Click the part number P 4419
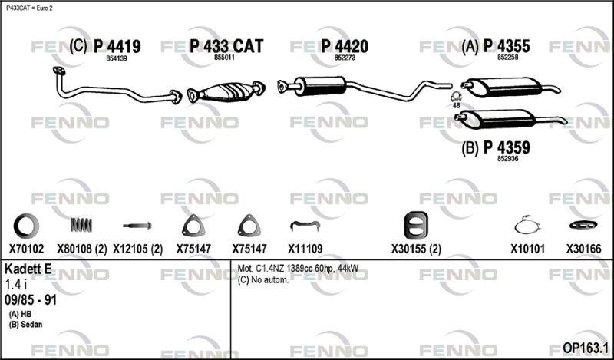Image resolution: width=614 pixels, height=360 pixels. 117,47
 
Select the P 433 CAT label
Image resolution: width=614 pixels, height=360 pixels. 226,47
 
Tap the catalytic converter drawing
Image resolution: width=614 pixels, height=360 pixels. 226,92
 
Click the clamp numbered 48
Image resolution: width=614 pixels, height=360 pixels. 456,97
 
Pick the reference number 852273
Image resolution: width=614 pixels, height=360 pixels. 345,58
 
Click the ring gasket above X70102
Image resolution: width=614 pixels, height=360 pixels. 26,226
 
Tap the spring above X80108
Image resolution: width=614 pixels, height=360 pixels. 81,225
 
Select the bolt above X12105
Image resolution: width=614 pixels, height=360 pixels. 137,226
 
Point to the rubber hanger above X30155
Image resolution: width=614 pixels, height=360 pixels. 416,226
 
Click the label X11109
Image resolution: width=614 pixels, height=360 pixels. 305,249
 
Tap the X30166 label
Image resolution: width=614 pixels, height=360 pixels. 583,249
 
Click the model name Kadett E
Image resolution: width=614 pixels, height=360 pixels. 28,269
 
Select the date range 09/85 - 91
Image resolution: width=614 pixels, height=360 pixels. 31,300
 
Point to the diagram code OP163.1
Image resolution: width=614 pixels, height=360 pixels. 585,348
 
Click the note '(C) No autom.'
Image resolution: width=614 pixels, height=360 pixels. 263,280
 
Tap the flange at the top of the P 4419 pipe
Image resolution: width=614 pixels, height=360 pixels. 59,71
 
